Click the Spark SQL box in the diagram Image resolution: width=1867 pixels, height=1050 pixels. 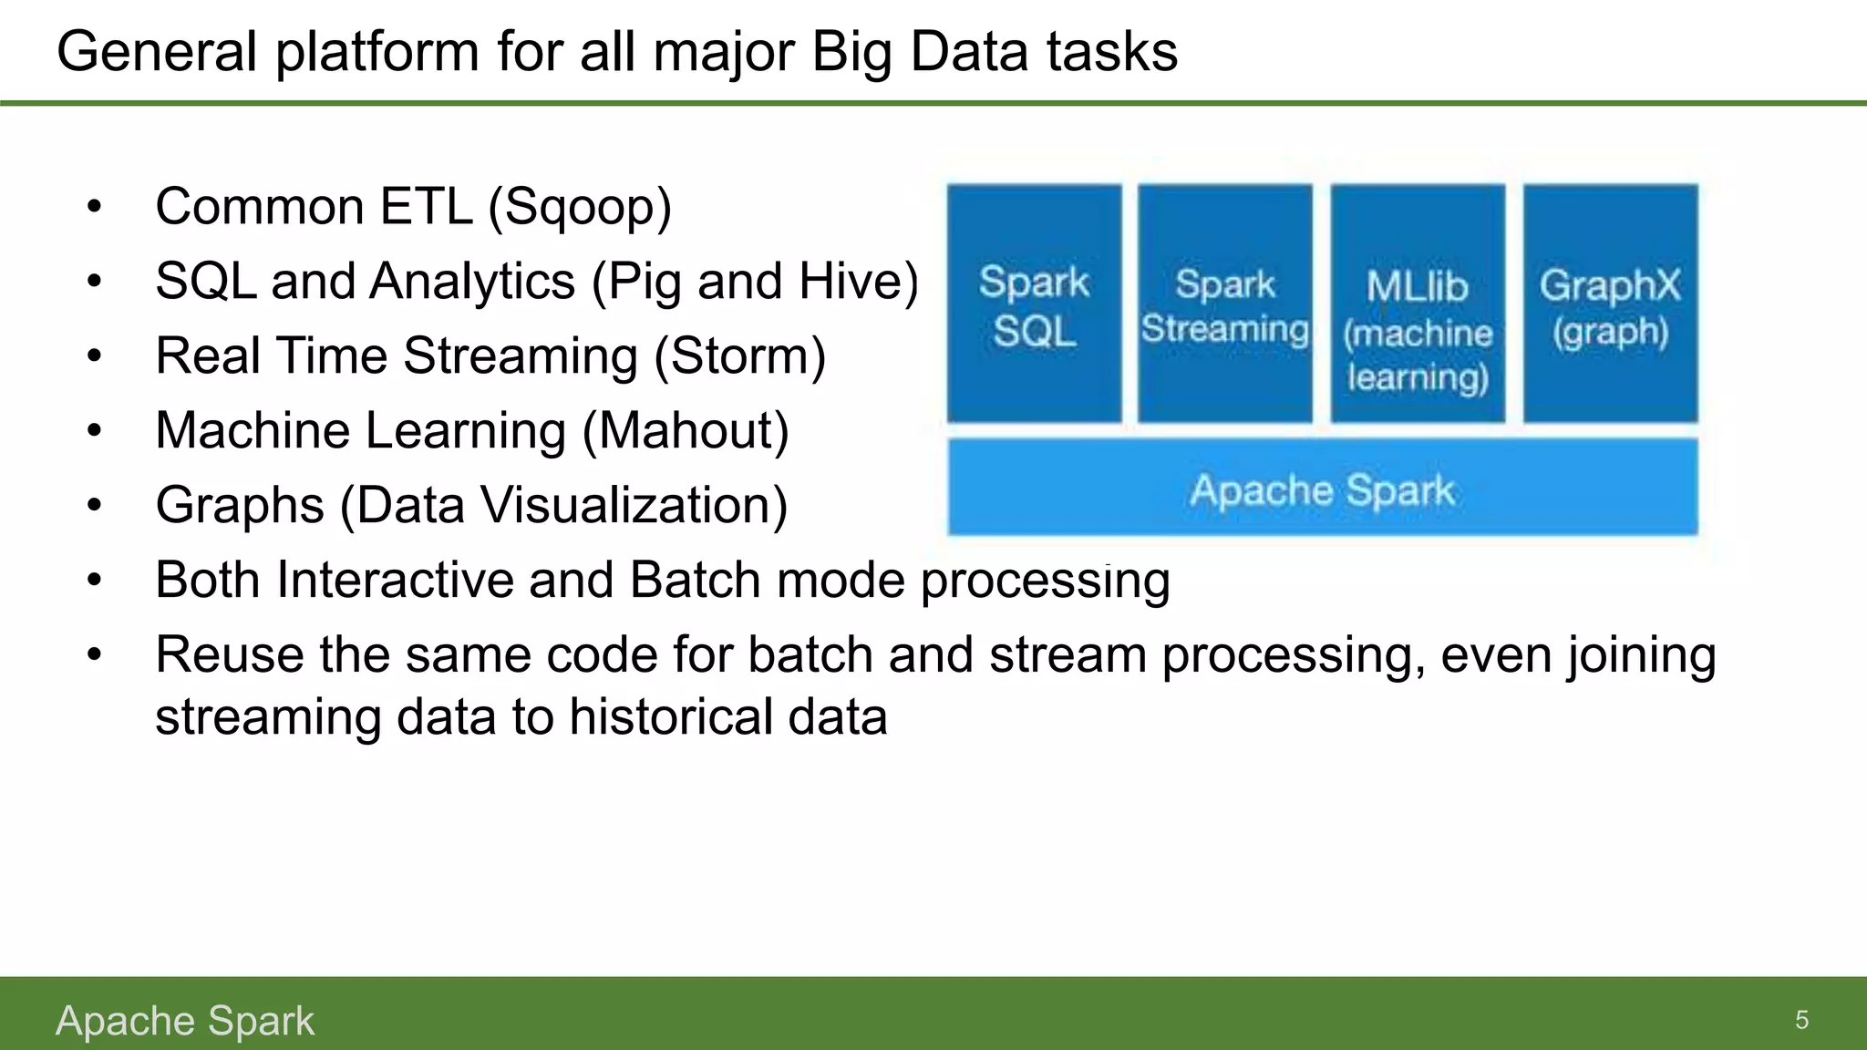(x=1034, y=304)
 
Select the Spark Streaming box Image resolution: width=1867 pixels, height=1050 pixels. (x=1224, y=304)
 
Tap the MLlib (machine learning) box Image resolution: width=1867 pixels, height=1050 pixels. (x=1418, y=304)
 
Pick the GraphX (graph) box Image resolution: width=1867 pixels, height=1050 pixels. (x=1610, y=304)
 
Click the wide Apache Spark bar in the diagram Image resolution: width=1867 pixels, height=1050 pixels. (x=1322, y=488)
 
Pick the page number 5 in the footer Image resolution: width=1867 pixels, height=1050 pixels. (x=1801, y=1020)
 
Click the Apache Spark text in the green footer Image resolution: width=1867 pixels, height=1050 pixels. (x=185, y=1021)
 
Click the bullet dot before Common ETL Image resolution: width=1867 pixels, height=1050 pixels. (x=95, y=208)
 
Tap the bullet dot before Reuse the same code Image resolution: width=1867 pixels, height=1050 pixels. (x=95, y=655)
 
